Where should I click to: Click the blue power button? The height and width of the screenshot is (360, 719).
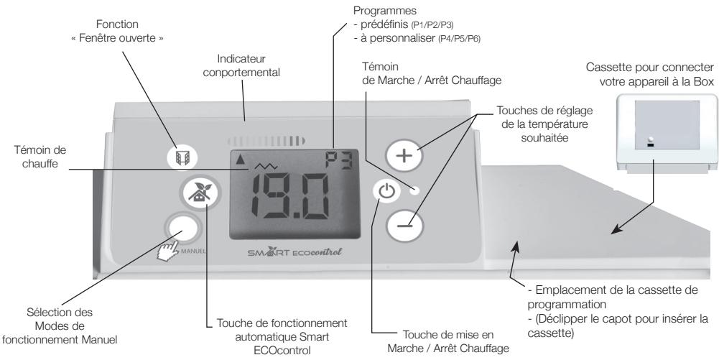386,192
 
